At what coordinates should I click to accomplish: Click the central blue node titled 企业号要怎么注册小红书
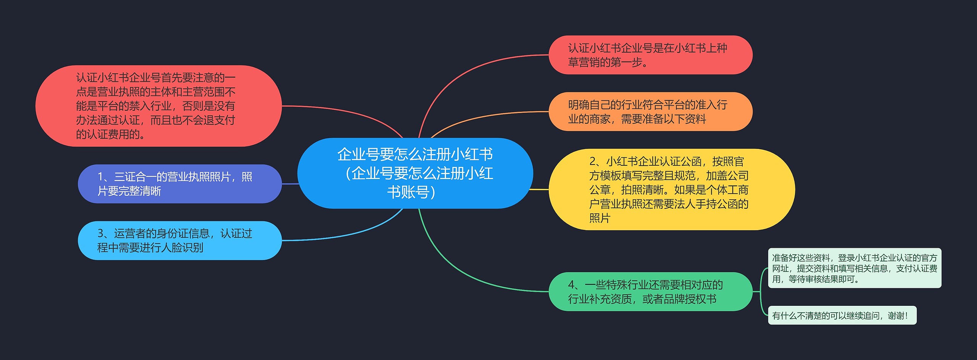[415, 173]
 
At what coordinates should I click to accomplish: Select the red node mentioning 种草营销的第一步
[650, 55]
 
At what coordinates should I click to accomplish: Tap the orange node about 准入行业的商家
[650, 111]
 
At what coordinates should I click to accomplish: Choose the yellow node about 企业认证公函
[672, 189]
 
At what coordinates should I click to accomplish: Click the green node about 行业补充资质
[650, 292]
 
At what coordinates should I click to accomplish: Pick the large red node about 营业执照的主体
[158, 106]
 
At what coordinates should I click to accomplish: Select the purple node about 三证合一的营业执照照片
[179, 184]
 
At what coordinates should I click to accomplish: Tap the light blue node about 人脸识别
[179, 241]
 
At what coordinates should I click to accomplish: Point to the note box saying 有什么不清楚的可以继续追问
[842, 315]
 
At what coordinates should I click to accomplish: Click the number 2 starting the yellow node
[593, 161]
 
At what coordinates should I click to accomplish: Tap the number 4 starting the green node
[571, 285]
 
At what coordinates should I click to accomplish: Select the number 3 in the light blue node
[101, 233]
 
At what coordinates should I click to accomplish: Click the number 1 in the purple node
[101, 177]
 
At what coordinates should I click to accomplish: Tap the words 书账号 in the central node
[408, 192]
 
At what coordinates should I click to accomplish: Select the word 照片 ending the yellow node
[600, 218]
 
